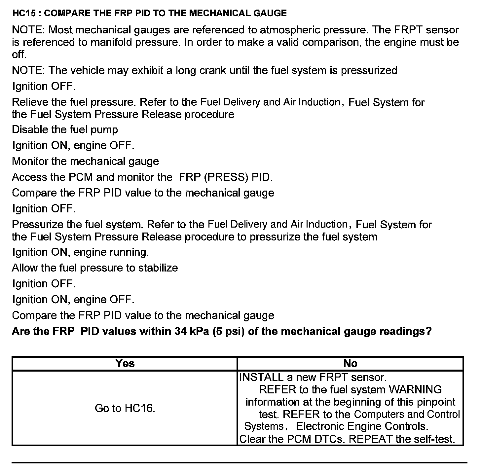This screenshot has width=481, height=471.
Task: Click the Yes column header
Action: tap(125, 364)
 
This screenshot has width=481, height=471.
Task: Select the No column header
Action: tap(350, 364)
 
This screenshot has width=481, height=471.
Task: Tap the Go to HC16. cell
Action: tap(125, 409)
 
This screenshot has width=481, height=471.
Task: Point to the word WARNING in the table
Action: tap(415, 390)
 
